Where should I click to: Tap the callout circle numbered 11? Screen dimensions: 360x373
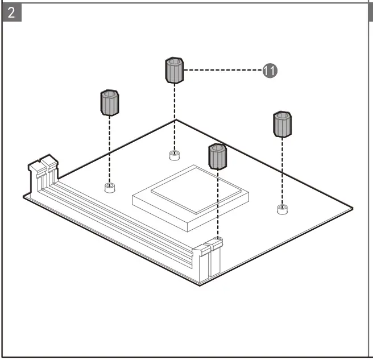point(270,71)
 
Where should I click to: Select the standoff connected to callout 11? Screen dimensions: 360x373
point(175,70)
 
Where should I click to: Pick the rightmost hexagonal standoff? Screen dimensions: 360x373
point(283,125)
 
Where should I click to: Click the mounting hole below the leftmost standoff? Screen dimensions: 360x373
point(110,187)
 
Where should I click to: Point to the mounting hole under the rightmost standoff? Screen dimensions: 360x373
point(282,209)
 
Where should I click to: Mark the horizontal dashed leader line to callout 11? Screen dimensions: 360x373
point(224,71)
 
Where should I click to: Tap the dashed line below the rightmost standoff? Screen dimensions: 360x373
point(282,171)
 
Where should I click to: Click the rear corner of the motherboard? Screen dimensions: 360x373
point(175,121)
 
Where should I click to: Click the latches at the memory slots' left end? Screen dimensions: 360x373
point(42,168)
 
